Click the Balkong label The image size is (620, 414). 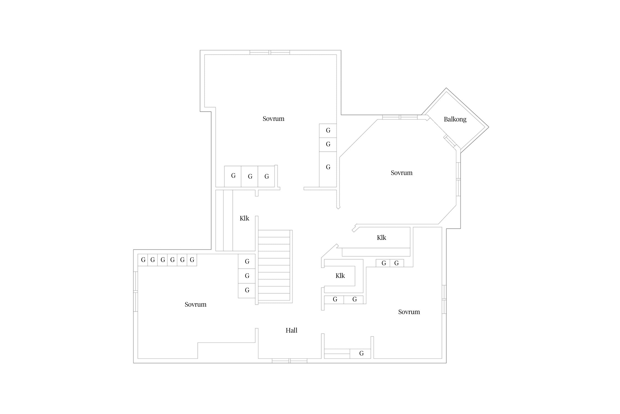pyautogui.click(x=455, y=119)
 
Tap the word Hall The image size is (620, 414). pyautogui.click(x=291, y=330)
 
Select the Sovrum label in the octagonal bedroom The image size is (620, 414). pyautogui.click(x=401, y=173)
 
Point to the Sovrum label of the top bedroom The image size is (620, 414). pyautogui.click(x=273, y=119)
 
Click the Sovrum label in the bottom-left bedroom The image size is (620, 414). pyautogui.click(x=195, y=304)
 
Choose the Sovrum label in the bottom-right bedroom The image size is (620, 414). pyautogui.click(x=409, y=312)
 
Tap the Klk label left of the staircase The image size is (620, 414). pyautogui.click(x=244, y=218)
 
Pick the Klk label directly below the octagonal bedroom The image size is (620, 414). pyautogui.click(x=381, y=238)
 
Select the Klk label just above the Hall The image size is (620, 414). pyautogui.click(x=340, y=276)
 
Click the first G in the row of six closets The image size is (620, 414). pyautogui.click(x=143, y=260)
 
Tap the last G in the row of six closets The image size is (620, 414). pyautogui.click(x=192, y=260)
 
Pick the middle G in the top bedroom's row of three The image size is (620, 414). pyautogui.click(x=250, y=176)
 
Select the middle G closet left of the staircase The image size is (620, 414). pyautogui.click(x=247, y=276)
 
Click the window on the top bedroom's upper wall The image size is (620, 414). pyautogui.click(x=270, y=52)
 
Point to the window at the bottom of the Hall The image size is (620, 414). pyautogui.click(x=290, y=361)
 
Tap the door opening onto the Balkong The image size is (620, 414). pyautogui.click(x=450, y=141)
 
